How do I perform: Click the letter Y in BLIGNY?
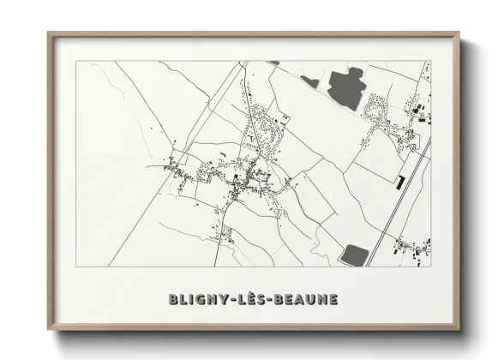coord(225,299)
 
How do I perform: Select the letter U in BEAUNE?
coord(315,299)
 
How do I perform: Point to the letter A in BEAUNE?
coord(303,299)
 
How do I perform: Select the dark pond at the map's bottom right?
coord(354,254)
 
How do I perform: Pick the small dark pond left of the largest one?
coord(309,82)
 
